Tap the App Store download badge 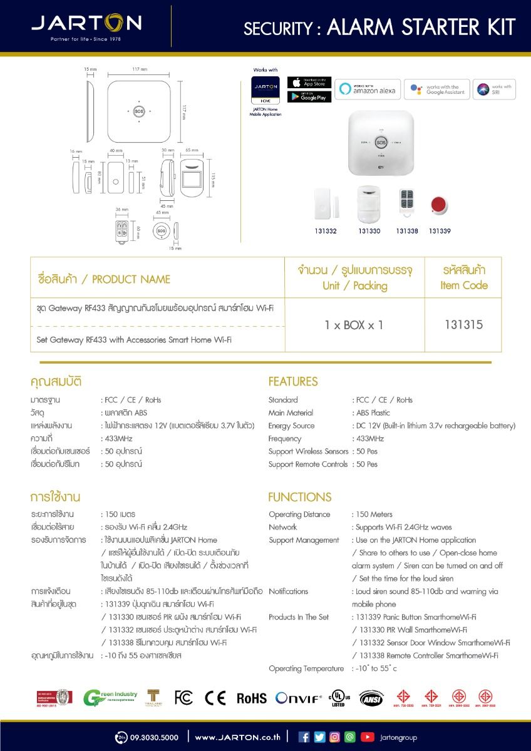309,83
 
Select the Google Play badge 309,97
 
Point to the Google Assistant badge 437,89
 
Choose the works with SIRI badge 494,89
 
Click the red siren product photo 440,205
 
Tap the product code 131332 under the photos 326,232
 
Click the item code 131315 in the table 463,325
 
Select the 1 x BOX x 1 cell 354,325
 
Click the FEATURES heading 293,382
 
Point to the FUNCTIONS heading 300,498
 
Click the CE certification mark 215,698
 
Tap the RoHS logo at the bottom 251,698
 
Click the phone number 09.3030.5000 155,737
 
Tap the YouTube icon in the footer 367,737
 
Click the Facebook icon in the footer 304,737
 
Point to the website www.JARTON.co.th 237,737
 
